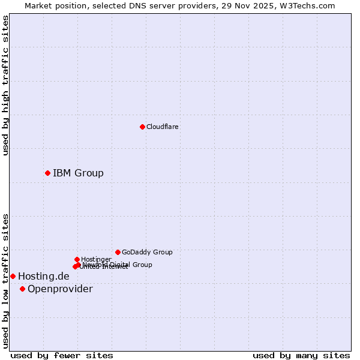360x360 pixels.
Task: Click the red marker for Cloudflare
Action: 142,127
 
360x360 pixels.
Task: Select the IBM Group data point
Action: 47,173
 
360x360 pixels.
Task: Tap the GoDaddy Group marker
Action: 118,252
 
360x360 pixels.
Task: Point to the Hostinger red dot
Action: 77,259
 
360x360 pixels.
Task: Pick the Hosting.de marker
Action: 13,276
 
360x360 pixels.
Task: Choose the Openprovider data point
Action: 22,289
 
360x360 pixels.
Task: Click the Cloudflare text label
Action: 163,127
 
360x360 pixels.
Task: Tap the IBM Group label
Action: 78,173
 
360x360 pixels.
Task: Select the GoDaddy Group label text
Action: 147,252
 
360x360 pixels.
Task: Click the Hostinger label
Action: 96,259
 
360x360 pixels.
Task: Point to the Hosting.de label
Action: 43,276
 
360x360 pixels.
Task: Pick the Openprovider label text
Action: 60,289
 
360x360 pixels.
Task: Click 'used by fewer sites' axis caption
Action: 62,355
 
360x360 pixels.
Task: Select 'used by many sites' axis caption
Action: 301,355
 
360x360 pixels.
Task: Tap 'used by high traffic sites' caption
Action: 5,85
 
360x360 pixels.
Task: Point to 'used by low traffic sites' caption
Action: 5,280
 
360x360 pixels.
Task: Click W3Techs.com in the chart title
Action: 310,5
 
